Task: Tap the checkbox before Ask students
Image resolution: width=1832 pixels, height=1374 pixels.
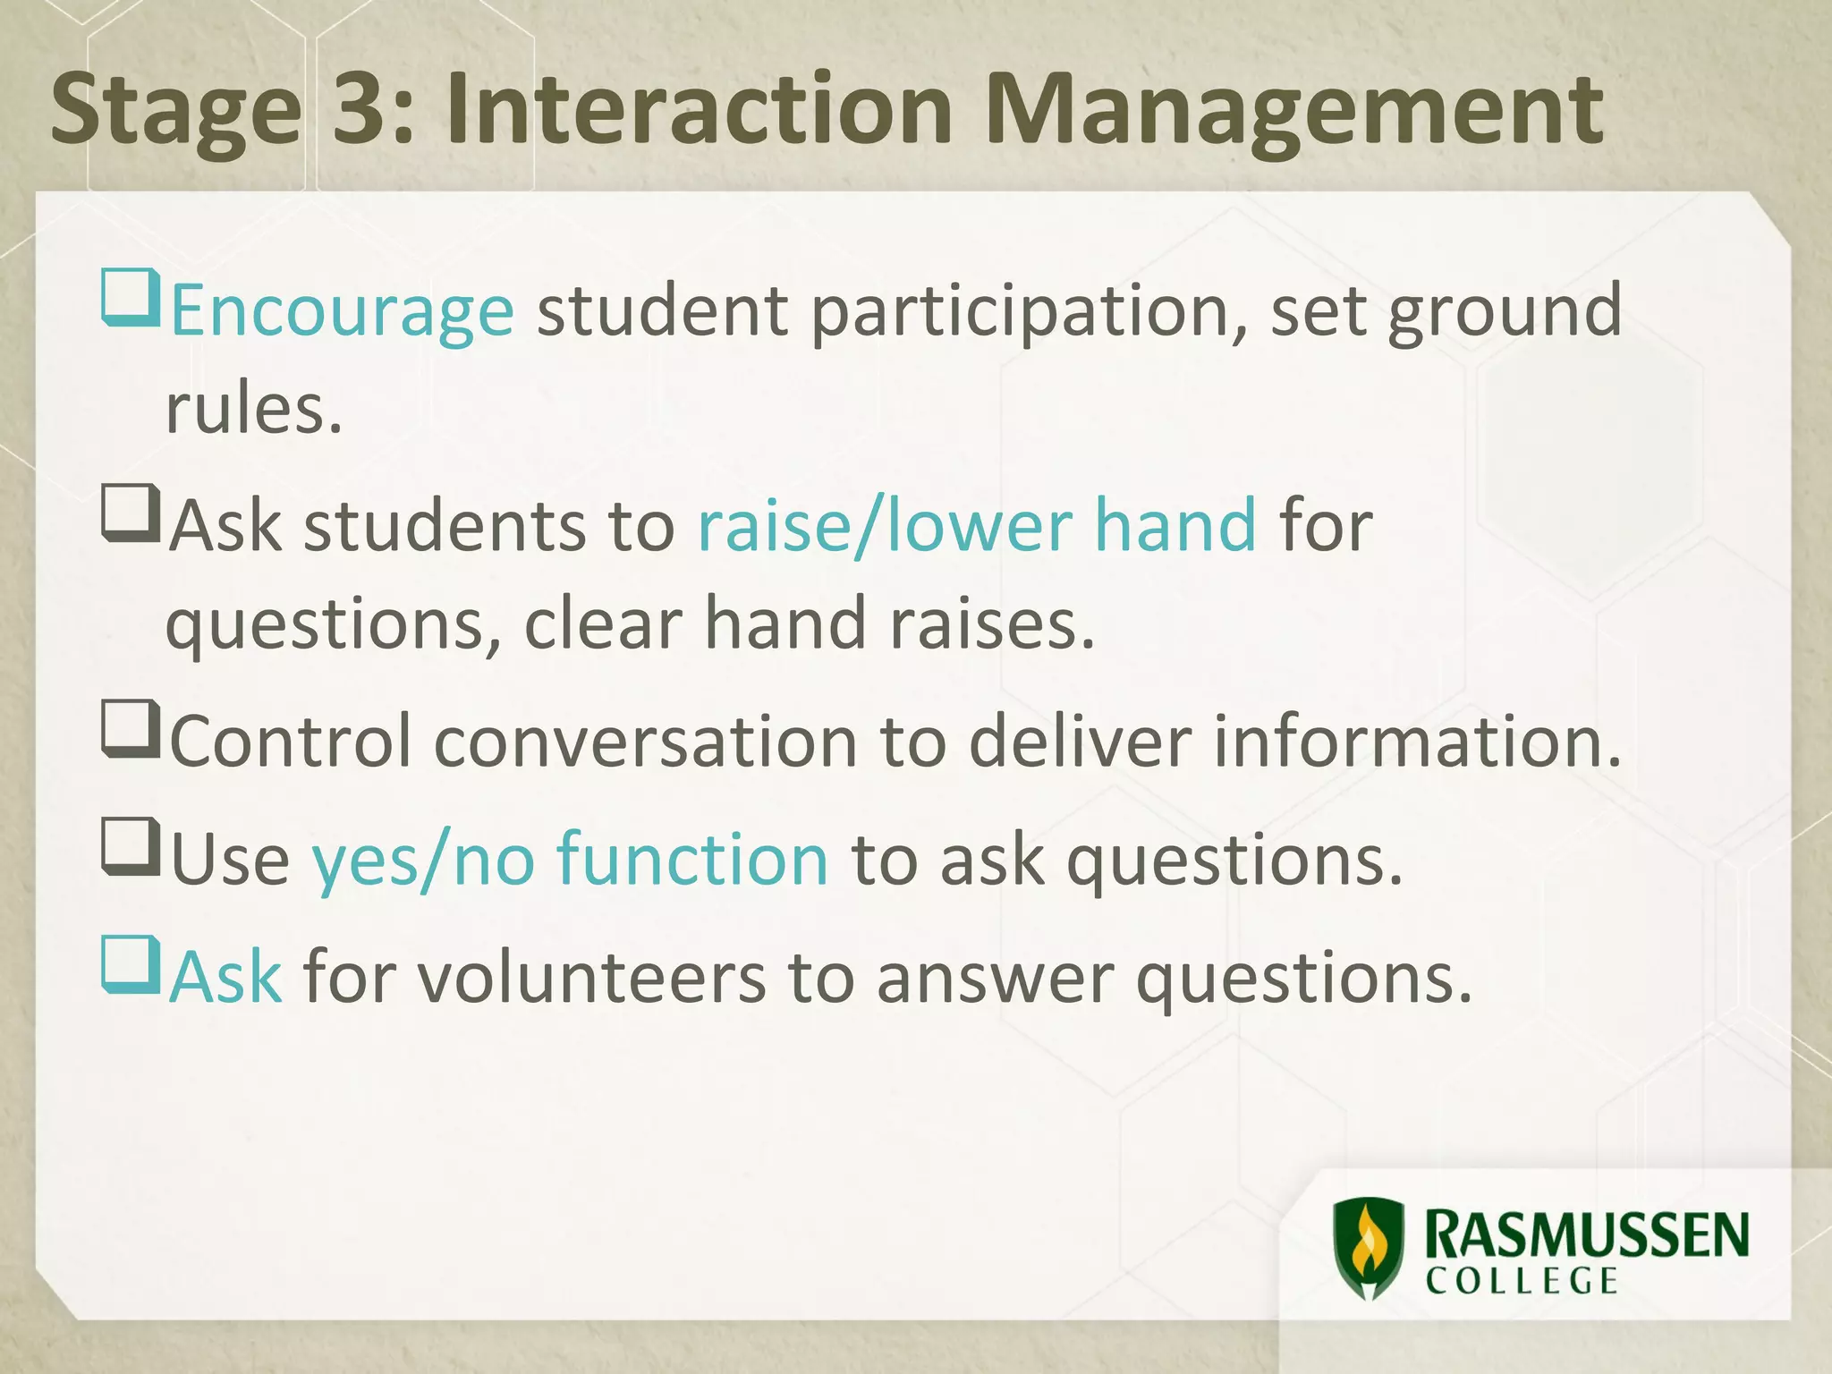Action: [x=131, y=513]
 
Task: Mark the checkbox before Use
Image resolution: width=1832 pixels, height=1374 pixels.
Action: [x=131, y=846]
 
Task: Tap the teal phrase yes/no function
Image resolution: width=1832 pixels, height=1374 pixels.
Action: [x=570, y=860]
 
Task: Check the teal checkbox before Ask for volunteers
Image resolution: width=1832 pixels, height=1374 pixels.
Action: [x=131, y=964]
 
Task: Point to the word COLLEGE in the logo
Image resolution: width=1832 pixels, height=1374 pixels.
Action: [x=1522, y=1281]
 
